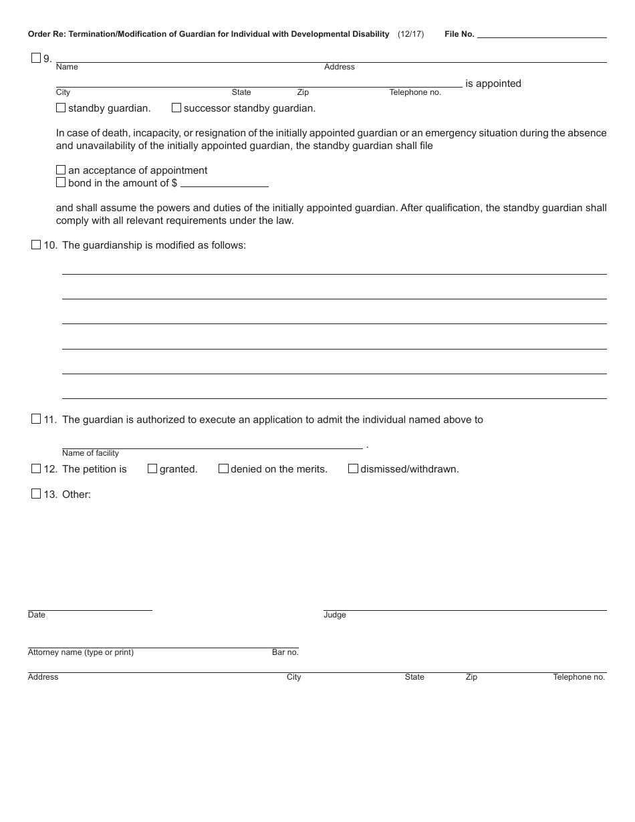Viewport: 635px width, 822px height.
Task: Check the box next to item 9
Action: [x=36, y=58]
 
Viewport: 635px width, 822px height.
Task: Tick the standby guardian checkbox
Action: [x=61, y=108]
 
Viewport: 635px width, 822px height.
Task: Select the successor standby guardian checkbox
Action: [x=176, y=108]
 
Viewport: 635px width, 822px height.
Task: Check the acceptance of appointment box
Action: [x=61, y=170]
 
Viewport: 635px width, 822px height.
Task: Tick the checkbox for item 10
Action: [x=36, y=245]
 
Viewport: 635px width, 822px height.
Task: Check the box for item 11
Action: [x=36, y=419]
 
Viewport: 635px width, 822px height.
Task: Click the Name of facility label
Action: [x=90, y=453]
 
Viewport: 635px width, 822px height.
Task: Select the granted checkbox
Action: [x=152, y=468]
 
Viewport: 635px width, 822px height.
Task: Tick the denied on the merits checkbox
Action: [x=223, y=468]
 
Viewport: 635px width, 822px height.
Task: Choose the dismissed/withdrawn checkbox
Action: [x=353, y=468]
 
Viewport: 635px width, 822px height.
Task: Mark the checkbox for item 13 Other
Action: [x=36, y=494]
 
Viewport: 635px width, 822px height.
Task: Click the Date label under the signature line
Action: [x=37, y=615]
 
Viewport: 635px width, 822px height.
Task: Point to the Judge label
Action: [x=335, y=615]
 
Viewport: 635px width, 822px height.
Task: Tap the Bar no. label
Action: [x=285, y=652]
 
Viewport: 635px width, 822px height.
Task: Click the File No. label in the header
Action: [x=459, y=34]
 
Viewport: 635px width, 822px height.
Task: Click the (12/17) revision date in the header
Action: [x=410, y=34]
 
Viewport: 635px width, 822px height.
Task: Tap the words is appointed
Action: [x=493, y=84]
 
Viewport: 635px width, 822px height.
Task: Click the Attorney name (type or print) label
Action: [x=80, y=652]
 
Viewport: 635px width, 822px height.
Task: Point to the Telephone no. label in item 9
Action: [x=415, y=92]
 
